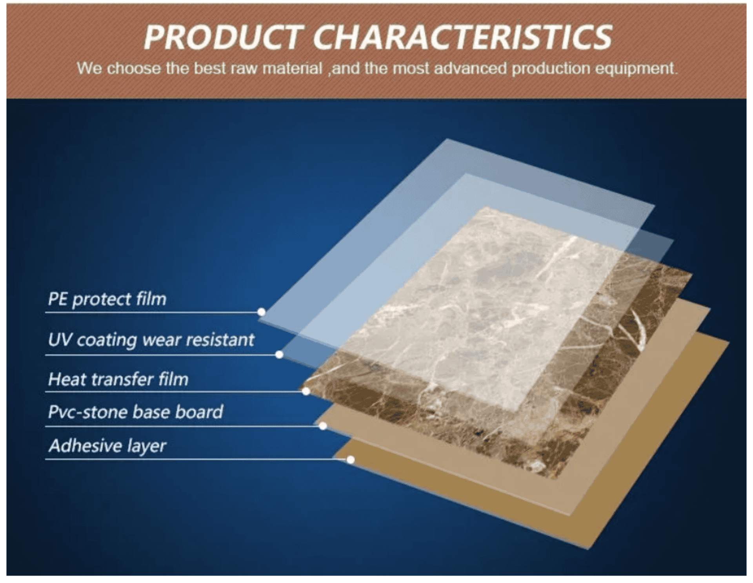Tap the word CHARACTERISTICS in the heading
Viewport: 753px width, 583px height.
[x=463, y=38]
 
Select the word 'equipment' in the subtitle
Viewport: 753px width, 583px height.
[x=635, y=69]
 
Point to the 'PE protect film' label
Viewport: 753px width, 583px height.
[x=107, y=299]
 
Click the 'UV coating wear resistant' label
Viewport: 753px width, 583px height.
[x=151, y=340]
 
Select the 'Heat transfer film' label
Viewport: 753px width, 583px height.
[x=118, y=379]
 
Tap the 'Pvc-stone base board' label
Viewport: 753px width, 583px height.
[x=135, y=412]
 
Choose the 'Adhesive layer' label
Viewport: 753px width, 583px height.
[x=107, y=446]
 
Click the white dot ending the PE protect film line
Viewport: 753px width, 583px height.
[x=262, y=312]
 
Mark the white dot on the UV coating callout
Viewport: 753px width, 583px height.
[x=279, y=355]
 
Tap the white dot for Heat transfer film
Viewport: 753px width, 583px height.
[x=306, y=391]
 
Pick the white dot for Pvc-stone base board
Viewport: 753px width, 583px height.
[x=323, y=426]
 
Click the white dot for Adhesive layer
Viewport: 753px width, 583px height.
[x=351, y=460]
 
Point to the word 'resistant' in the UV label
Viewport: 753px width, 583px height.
[x=220, y=340]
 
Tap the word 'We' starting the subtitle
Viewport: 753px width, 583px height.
[x=89, y=69]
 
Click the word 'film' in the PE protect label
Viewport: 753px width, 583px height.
[x=151, y=299]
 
